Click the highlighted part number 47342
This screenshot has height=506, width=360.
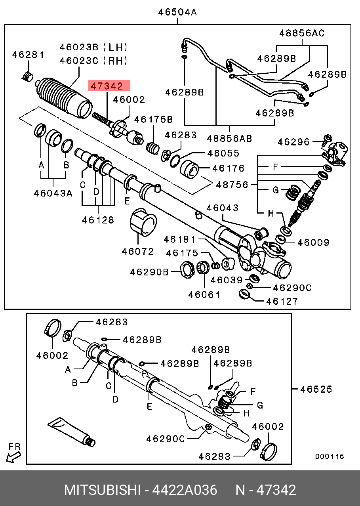pos(110,86)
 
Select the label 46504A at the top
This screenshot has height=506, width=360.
pos(177,12)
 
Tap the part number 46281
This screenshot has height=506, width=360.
pos(28,55)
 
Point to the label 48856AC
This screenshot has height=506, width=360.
pos(301,33)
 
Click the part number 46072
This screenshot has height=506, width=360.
pos(138,251)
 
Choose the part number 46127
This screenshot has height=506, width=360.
pos(282,301)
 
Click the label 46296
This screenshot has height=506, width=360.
pos(294,141)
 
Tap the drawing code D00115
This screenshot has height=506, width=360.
pos(330,456)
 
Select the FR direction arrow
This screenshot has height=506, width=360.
pos(13,453)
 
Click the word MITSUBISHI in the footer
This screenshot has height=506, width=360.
pos(102,490)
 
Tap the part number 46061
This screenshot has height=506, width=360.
pos(204,294)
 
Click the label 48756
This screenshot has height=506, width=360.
pos(232,185)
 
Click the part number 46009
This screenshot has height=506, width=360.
pos(313,242)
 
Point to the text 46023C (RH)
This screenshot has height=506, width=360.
pos(93,61)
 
